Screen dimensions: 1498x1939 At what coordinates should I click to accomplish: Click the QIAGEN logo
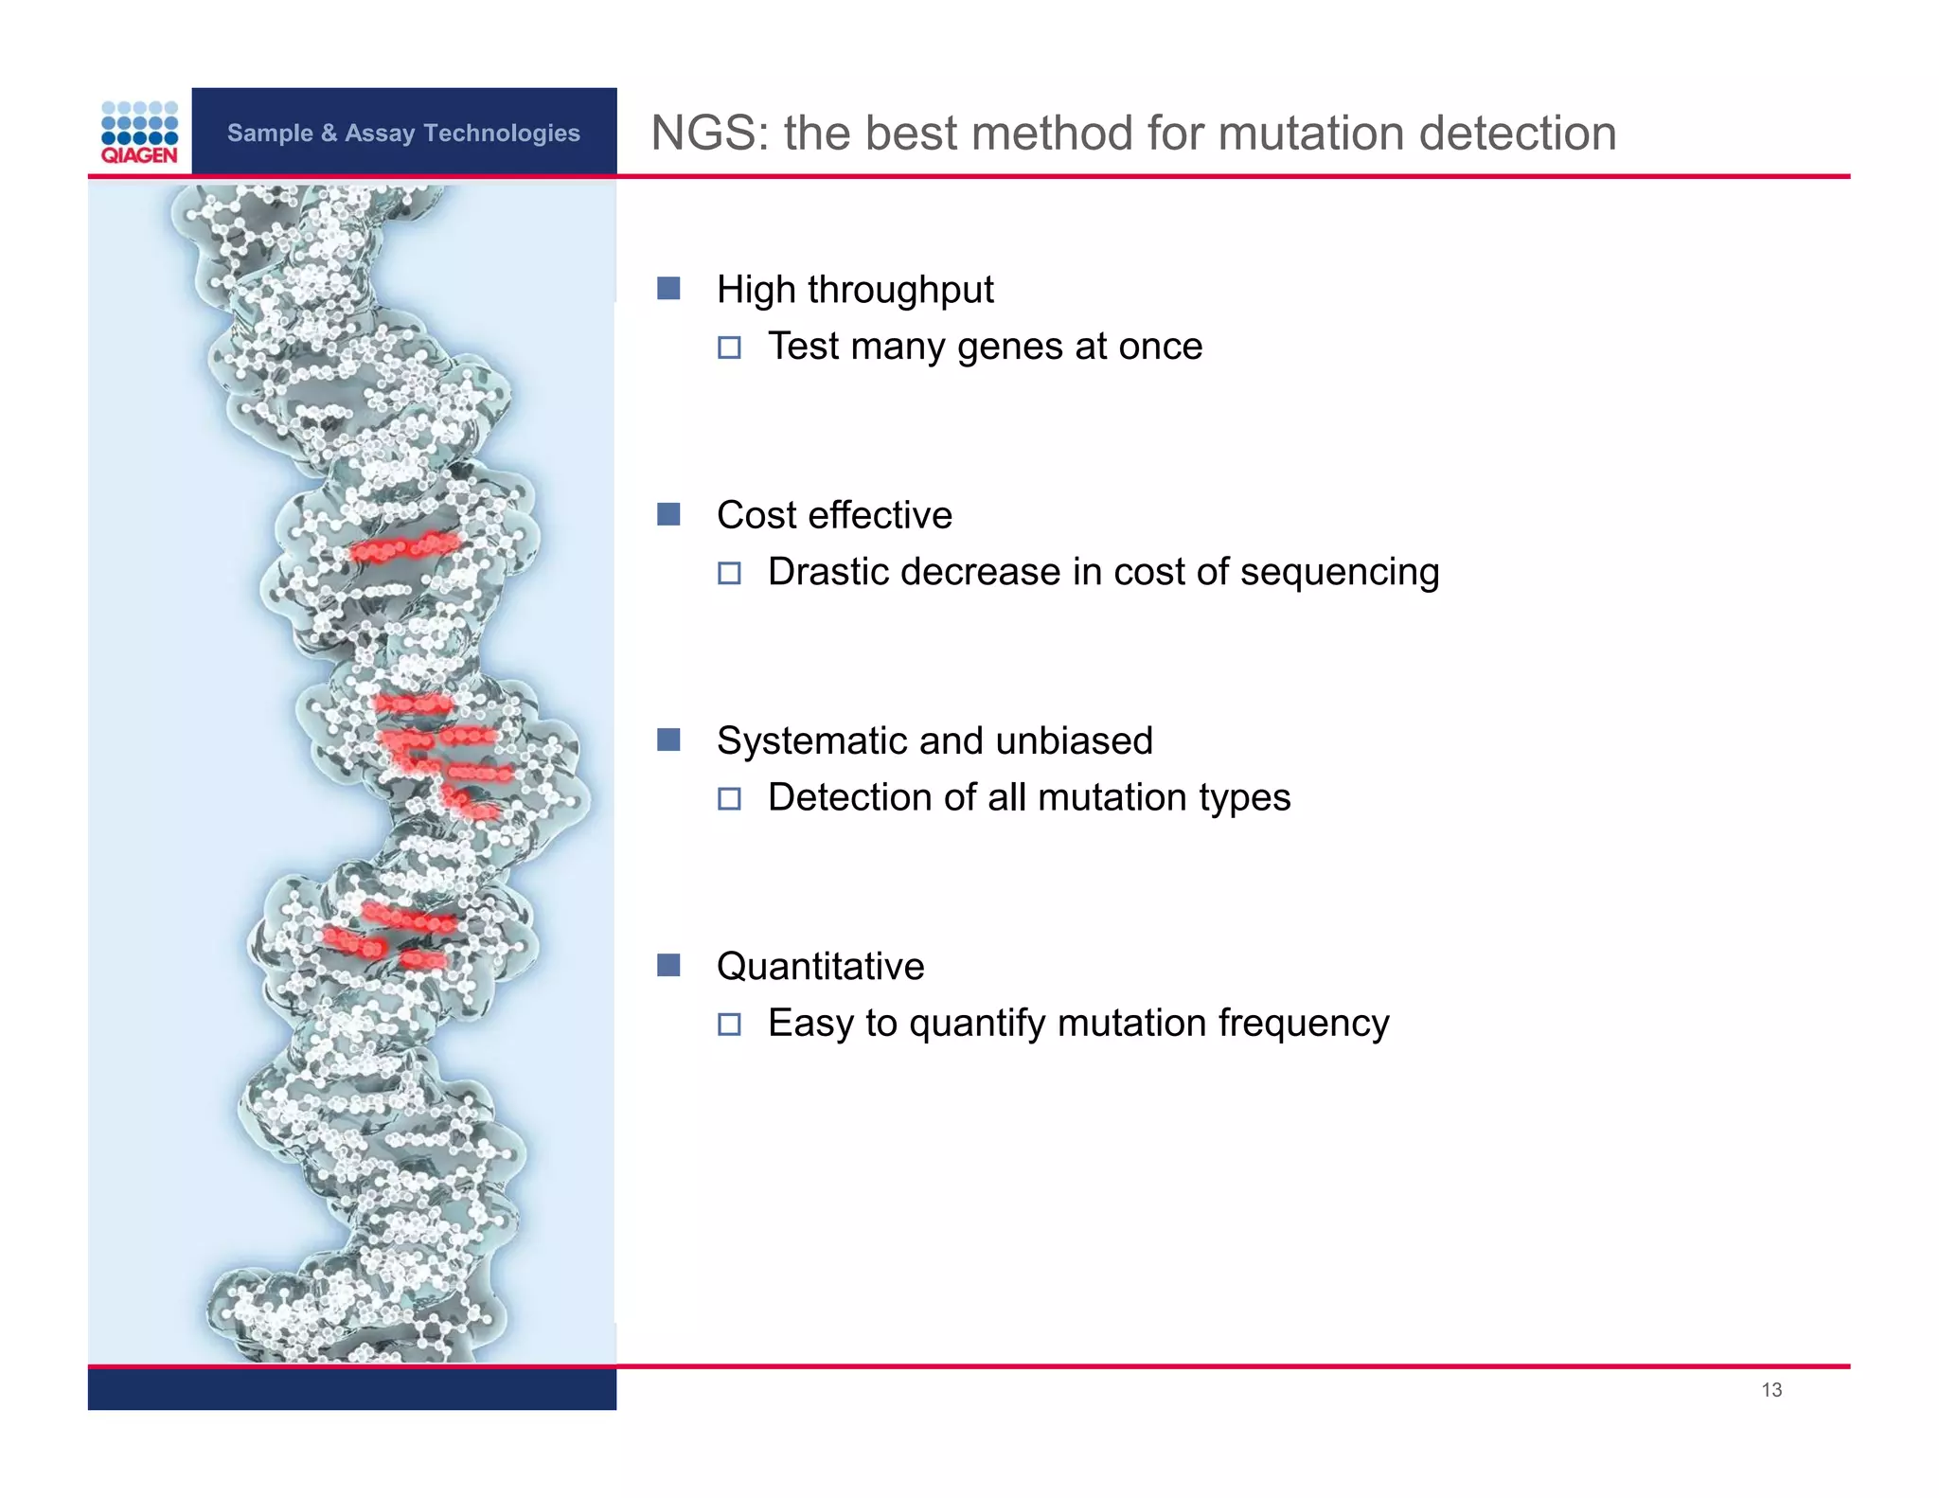click(139, 133)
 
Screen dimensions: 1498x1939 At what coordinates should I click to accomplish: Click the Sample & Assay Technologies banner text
click(403, 133)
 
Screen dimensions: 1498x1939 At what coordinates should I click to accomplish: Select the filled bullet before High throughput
click(668, 288)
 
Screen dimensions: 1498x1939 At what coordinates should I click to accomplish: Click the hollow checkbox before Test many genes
click(729, 348)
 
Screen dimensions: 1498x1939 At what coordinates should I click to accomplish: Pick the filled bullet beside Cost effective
click(668, 514)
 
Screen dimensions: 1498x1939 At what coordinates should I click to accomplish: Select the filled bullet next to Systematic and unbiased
click(668, 740)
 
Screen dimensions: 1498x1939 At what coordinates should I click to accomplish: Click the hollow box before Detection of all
click(729, 798)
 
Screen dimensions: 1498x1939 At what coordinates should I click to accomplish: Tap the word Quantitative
click(820, 966)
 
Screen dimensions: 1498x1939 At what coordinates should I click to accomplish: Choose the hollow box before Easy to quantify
click(729, 1024)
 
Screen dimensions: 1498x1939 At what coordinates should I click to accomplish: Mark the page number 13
click(1771, 1389)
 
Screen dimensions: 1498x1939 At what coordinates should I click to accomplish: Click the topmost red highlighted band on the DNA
click(405, 547)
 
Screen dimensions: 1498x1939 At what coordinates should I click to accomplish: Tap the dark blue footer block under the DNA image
click(351, 1389)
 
